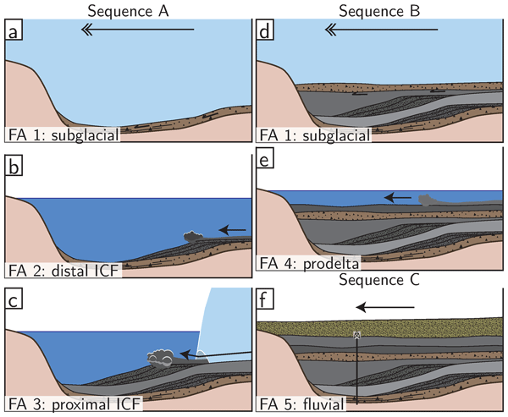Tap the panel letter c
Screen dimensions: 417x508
[x=13, y=298]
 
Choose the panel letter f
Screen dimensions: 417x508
[x=264, y=298]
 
